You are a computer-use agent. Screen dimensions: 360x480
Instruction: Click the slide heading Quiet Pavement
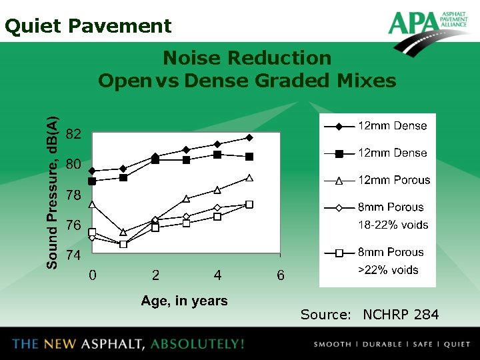[x=88, y=26]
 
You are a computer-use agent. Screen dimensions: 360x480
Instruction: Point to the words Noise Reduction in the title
[x=247, y=59]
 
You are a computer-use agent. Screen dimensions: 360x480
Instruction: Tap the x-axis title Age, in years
[x=184, y=301]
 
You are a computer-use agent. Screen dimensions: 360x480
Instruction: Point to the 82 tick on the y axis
[x=74, y=134]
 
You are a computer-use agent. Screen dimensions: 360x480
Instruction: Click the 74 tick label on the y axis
[x=74, y=255]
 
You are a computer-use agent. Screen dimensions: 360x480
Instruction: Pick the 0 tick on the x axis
[x=93, y=275]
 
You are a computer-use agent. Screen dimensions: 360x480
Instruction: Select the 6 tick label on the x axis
[x=281, y=275]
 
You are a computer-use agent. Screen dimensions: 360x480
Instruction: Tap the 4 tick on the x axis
[x=218, y=275]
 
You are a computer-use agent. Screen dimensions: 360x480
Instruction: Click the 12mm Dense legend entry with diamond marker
[x=392, y=126]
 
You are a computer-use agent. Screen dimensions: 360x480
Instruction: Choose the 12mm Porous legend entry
[x=393, y=180]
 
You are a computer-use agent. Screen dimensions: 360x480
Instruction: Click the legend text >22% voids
[x=388, y=270]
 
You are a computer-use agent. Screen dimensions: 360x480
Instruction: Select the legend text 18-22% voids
[x=393, y=225]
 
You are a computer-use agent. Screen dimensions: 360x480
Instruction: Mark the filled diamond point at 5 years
[x=249, y=138]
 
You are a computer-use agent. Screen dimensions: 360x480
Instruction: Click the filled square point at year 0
[x=92, y=181]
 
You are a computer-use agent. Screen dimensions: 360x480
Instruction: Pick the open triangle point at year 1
[x=123, y=232]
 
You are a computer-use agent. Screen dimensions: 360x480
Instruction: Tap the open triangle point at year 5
[x=249, y=178]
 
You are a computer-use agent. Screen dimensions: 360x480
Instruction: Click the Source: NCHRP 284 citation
[x=369, y=314]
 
